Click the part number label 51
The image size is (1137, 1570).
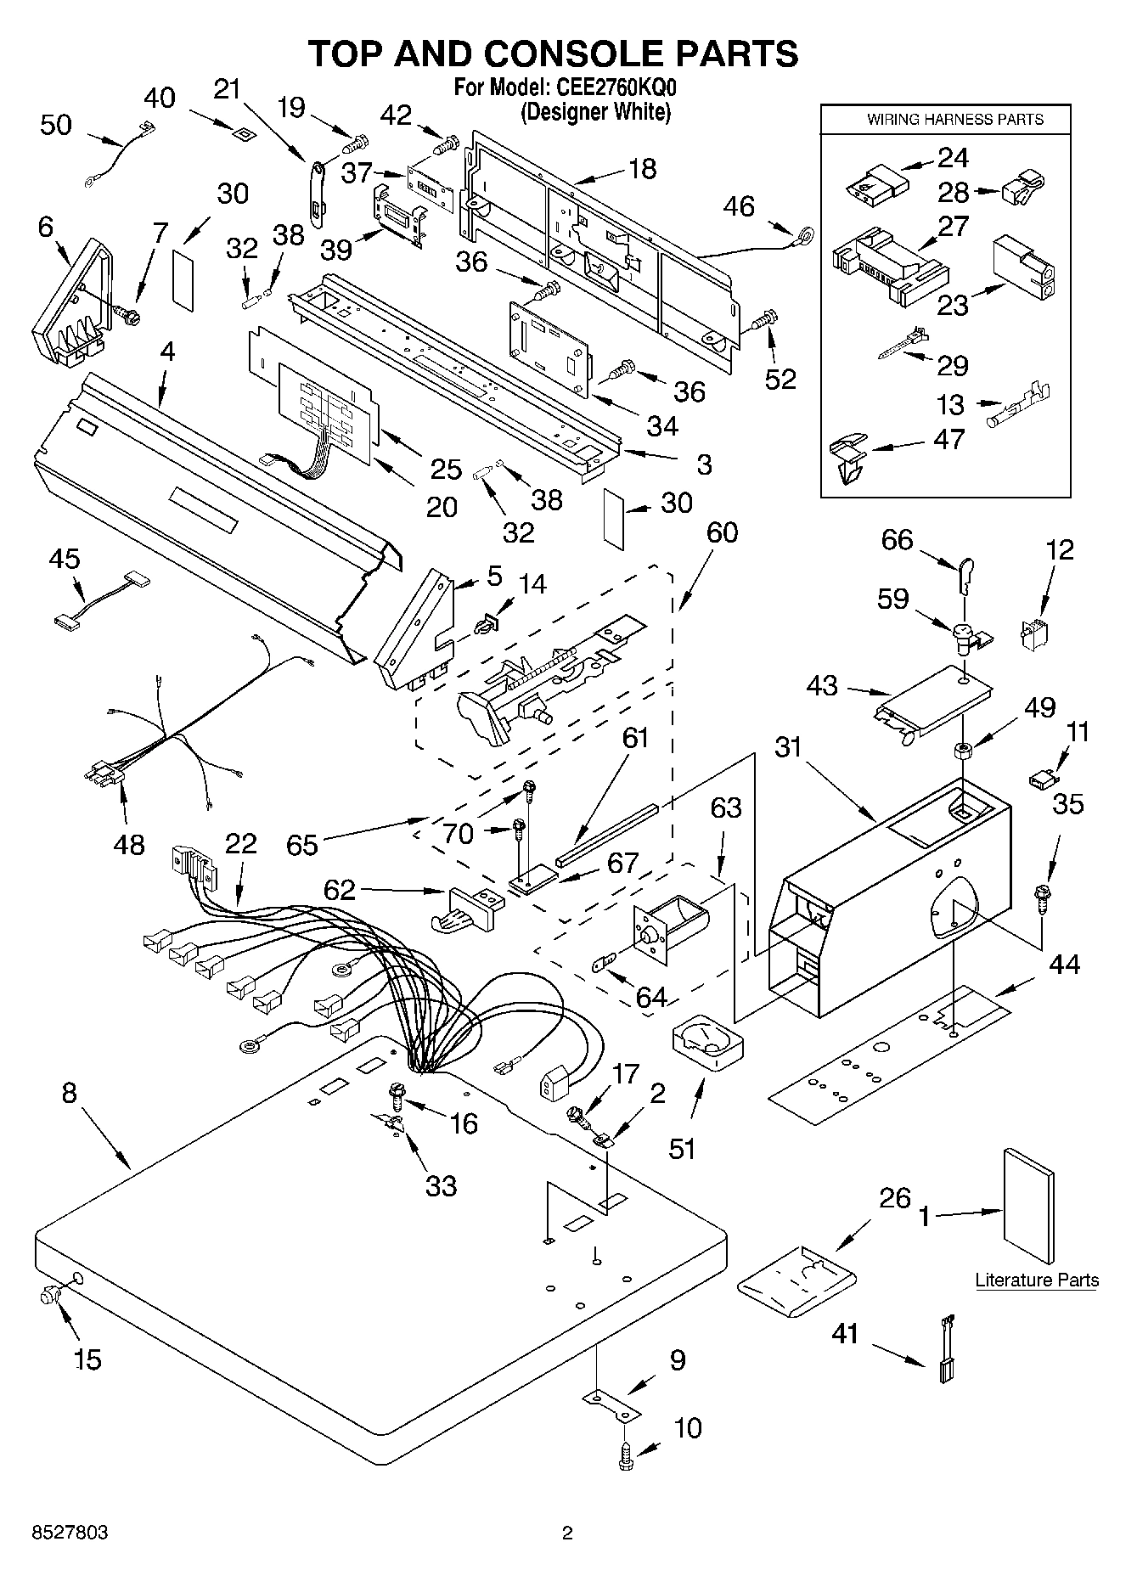(683, 1148)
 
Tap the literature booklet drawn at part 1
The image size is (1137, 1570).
(1027, 1206)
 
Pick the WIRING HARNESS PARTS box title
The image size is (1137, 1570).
(954, 120)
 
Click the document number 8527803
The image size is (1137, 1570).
(70, 1533)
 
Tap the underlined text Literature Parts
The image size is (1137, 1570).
(1036, 1280)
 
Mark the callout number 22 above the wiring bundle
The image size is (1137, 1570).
(240, 845)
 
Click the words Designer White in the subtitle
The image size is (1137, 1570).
(595, 112)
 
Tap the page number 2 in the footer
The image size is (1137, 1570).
(567, 1533)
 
